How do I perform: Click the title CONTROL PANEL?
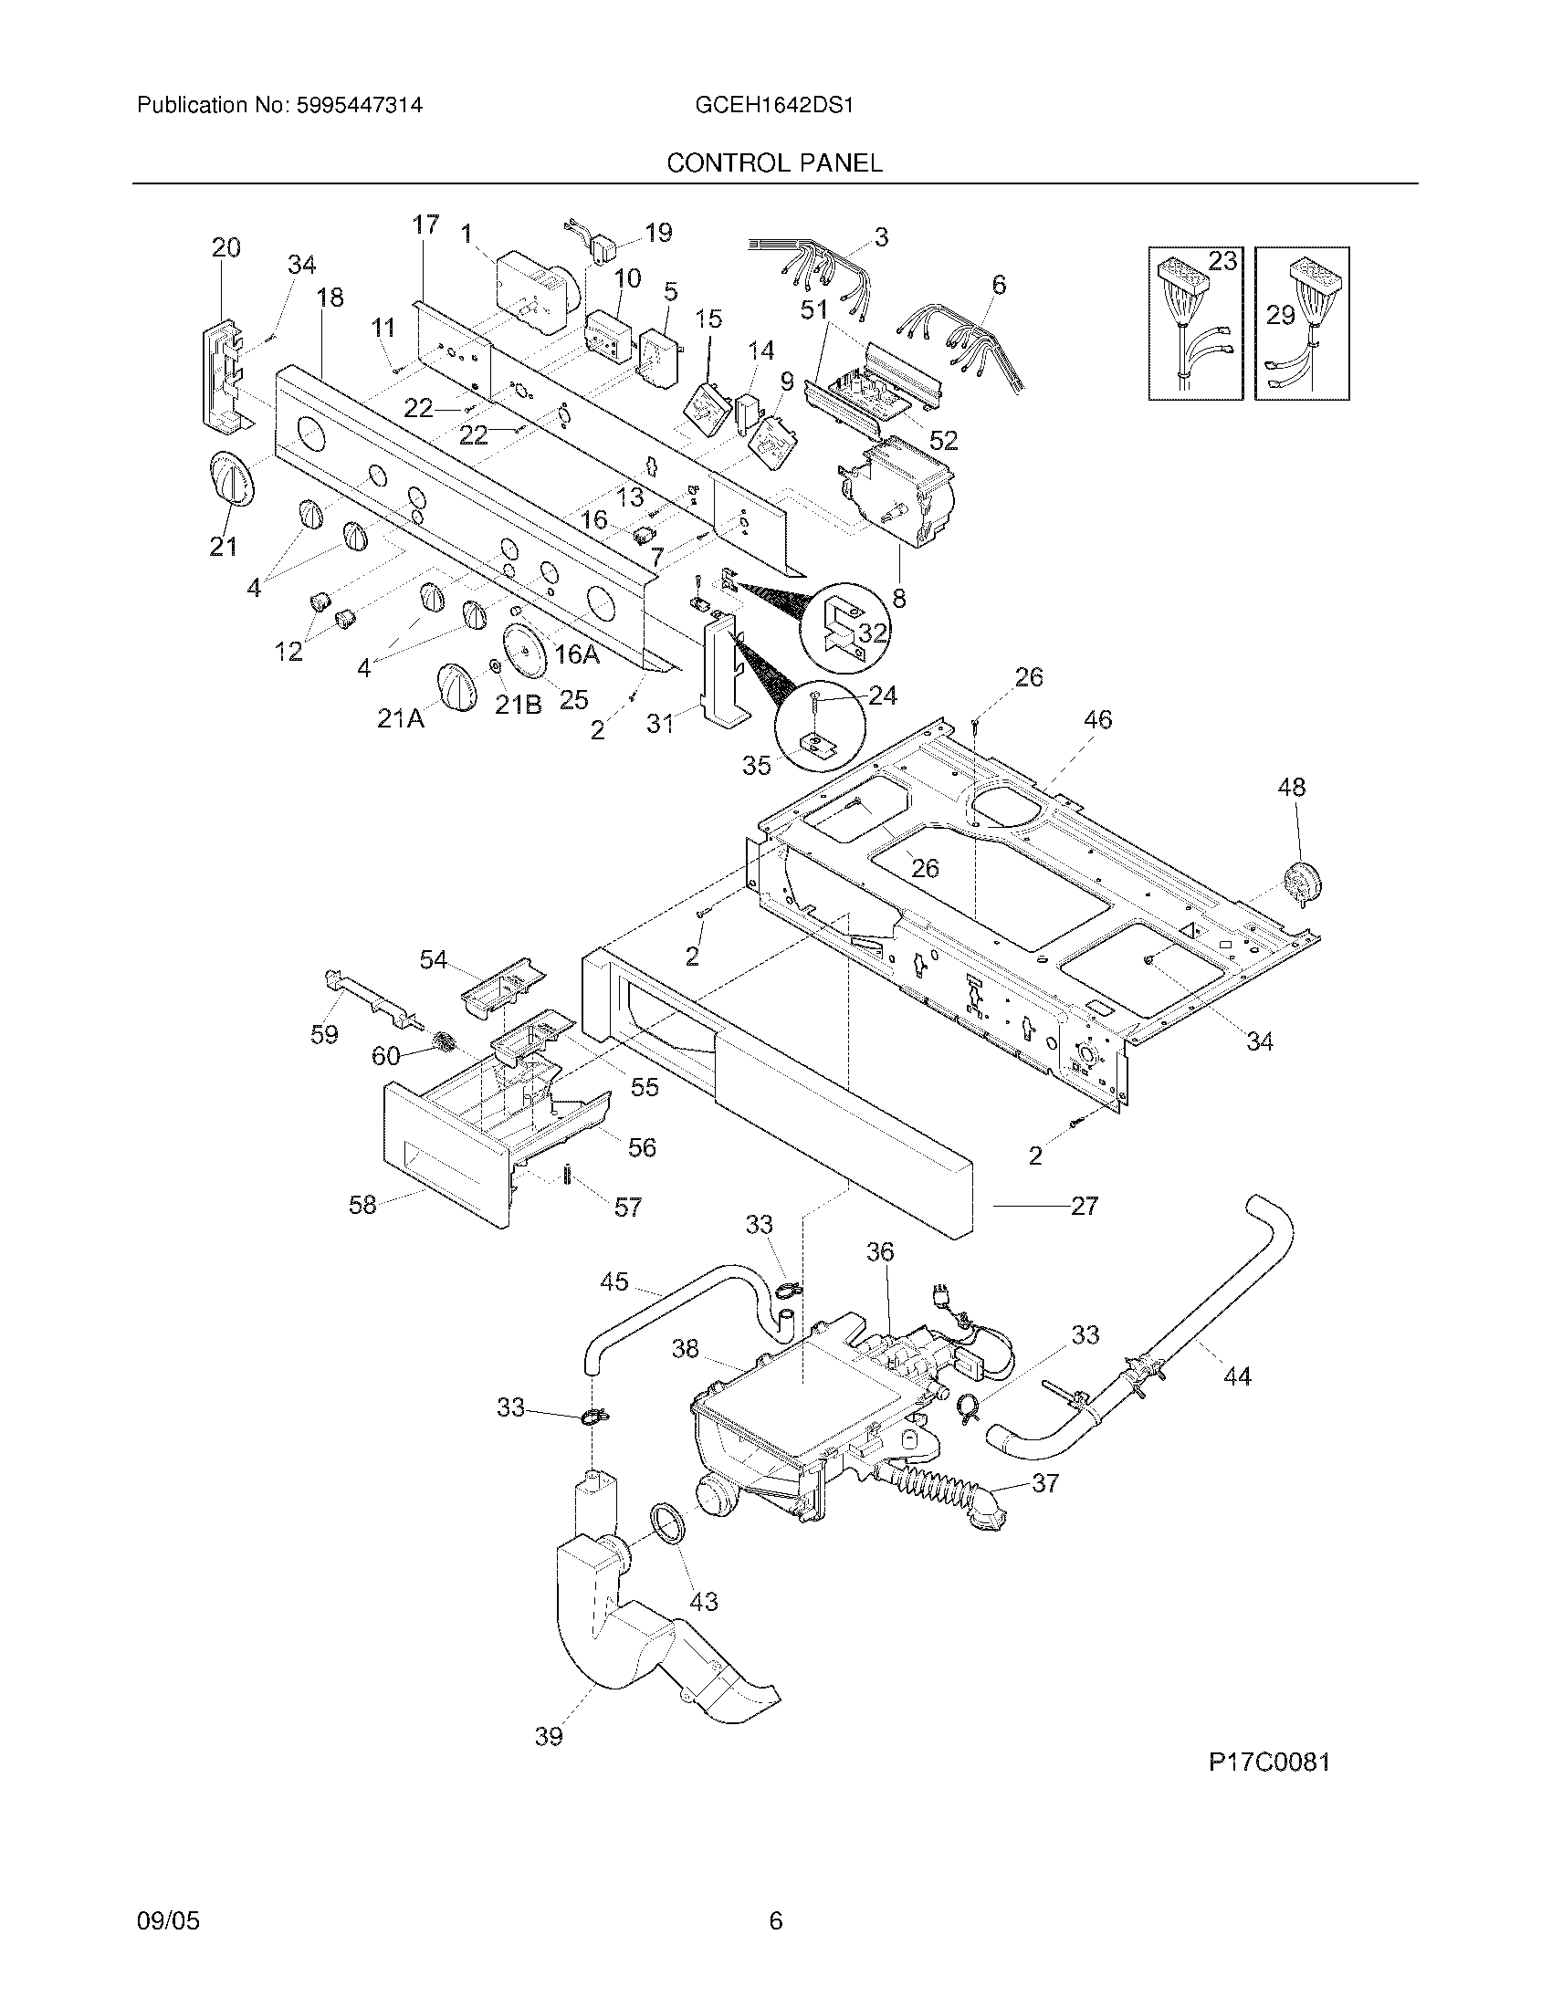point(774,162)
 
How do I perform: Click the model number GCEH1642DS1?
point(775,105)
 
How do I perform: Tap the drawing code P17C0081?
point(1269,1762)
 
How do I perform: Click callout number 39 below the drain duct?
point(549,1735)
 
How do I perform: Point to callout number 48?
point(1291,786)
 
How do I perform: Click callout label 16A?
point(577,654)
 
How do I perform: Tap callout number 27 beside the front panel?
point(1085,1205)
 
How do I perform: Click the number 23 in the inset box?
point(1222,261)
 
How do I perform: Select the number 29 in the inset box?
point(1280,316)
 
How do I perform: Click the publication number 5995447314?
point(359,105)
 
